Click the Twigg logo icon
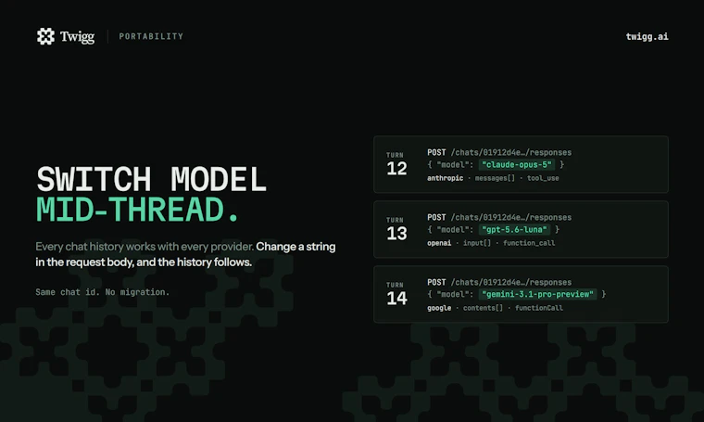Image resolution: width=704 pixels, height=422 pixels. click(45, 36)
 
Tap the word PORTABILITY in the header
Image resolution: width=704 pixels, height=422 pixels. click(151, 36)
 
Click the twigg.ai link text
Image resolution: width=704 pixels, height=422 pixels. click(647, 36)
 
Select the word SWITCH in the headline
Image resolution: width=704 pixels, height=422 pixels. click(94, 179)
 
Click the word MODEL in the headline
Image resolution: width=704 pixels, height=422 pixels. click(219, 179)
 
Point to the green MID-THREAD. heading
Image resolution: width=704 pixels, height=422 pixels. click(137, 210)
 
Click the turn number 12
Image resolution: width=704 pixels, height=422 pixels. click(396, 169)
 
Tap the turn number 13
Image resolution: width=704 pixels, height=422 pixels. click(396, 233)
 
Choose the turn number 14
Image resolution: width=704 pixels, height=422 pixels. click(396, 298)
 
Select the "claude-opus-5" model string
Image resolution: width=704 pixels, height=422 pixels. click(516, 164)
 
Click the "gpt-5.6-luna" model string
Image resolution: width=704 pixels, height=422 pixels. click(514, 230)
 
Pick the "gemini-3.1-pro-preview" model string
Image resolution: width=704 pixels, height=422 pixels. click(537, 294)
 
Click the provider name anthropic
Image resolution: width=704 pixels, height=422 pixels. click(445, 178)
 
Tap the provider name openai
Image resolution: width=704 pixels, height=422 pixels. click(439, 243)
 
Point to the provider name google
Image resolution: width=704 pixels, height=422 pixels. click(439, 308)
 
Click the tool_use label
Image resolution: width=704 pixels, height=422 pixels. click(543, 178)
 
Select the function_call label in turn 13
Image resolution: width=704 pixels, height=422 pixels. click(529, 243)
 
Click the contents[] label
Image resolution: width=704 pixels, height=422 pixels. click(483, 308)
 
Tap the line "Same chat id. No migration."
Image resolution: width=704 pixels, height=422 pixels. click(103, 292)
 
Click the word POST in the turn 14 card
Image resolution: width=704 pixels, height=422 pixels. click(436, 282)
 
